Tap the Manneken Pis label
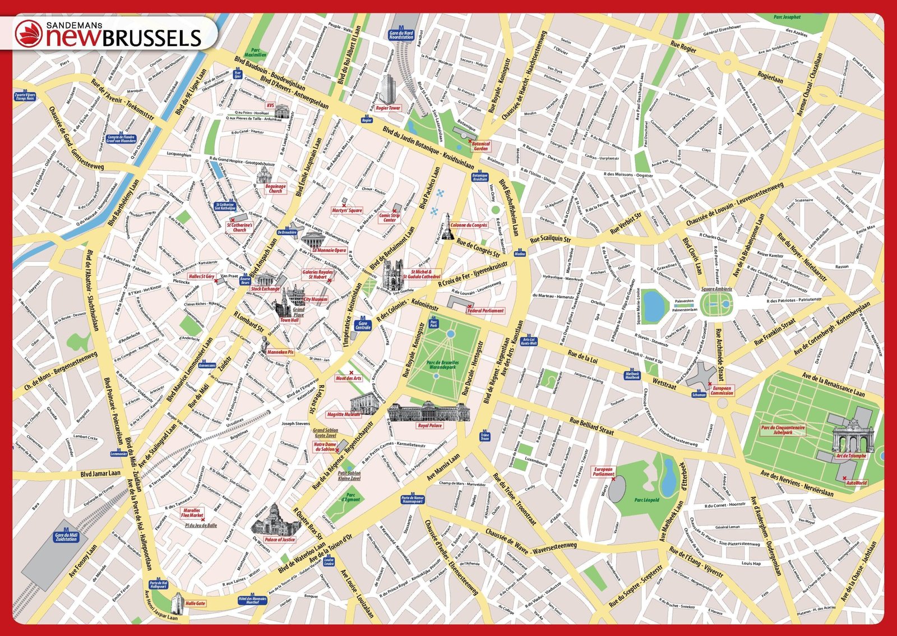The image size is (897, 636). pyautogui.click(x=280, y=352)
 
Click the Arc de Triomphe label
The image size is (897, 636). pyautogui.click(x=851, y=456)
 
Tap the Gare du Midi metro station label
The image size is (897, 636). pyautogui.click(x=66, y=537)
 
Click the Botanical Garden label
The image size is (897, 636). pyautogui.click(x=480, y=146)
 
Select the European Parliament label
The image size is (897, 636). pyautogui.click(x=603, y=472)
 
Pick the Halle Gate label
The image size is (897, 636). pyautogui.click(x=195, y=603)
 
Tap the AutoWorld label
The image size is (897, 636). pyautogui.click(x=856, y=482)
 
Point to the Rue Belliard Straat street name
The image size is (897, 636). pyautogui.click(x=591, y=426)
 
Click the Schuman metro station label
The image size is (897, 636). pyautogui.click(x=699, y=394)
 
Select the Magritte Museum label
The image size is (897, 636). pyautogui.click(x=344, y=414)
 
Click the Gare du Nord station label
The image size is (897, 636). pyautogui.click(x=401, y=35)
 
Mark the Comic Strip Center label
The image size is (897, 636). pyautogui.click(x=389, y=218)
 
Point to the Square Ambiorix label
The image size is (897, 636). pyautogui.click(x=716, y=289)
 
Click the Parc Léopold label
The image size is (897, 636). pyautogui.click(x=646, y=500)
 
